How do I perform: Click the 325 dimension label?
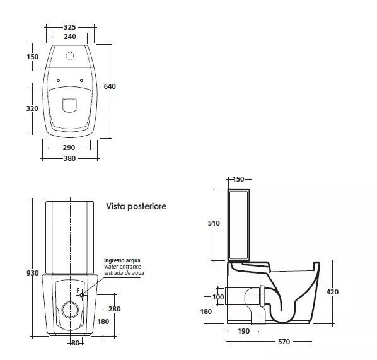click(70, 27)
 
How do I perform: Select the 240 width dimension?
click(70, 37)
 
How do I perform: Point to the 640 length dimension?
click(110, 86)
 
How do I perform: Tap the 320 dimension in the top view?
click(32, 108)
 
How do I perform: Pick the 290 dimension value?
click(69, 148)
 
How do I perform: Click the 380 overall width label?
click(69, 158)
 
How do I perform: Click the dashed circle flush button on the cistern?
click(70, 55)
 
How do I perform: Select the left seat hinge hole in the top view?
click(58, 81)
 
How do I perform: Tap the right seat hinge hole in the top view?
click(81, 81)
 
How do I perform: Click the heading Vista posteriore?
click(136, 206)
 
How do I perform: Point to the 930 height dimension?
click(32, 273)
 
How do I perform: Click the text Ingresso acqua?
click(122, 260)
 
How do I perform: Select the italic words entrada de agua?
click(124, 273)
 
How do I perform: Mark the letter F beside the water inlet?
click(78, 291)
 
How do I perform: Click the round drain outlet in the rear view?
click(70, 310)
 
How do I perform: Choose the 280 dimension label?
click(115, 309)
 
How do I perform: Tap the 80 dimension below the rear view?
click(75, 343)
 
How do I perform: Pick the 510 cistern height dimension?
click(214, 223)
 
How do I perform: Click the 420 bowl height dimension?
click(332, 292)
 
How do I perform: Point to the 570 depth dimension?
click(284, 342)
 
